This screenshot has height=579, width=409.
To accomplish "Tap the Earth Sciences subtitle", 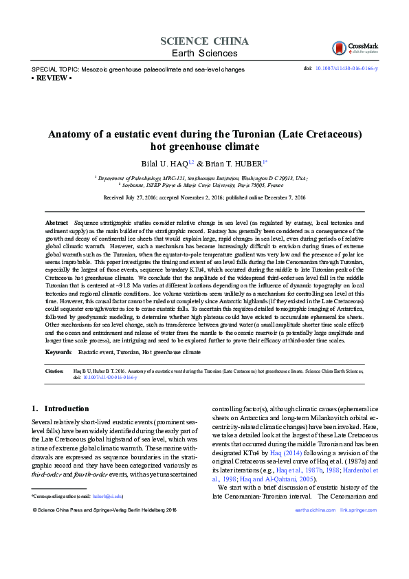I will [204, 53].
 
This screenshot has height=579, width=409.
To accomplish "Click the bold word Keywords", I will [58, 351].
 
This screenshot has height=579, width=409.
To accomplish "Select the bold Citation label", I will [54, 370].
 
